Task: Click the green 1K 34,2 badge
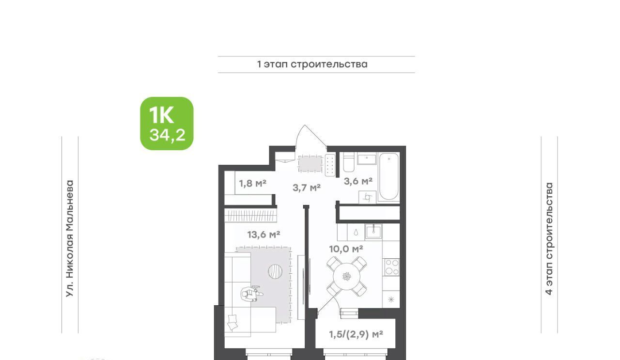click(x=167, y=124)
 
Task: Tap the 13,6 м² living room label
click(x=263, y=235)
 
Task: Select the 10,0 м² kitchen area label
click(x=346, y=249)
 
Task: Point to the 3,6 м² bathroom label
click(x=358, y=181)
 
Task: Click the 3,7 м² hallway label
click(x=307, y=188)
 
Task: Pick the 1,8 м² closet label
click(x=253, y=183)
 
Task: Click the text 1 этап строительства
click(x=312, y=64)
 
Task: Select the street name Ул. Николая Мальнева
click(x=70, y=239)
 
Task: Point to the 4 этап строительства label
click(x=549, y=239)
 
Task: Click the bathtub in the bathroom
click(x=389, y=176)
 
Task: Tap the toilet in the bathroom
click(x=349, y=162)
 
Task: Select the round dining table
click(x=346, y=276)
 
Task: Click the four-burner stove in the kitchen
click(x=391, y=267)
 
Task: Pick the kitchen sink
click(x=373, y=232)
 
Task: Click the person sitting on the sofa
click(x=251, y=294)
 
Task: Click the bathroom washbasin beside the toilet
click(x=367, y=159)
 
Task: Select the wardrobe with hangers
click(x=250, y=216)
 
